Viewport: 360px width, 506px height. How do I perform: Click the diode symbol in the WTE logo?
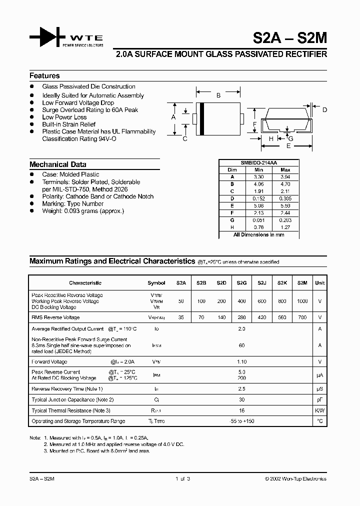(48, 37)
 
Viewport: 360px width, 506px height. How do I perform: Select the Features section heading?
(44, 76)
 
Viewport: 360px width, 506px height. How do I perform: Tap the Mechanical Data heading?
(58, 164)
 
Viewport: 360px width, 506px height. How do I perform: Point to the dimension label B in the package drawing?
(218, 95)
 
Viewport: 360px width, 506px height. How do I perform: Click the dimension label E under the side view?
(288, 146)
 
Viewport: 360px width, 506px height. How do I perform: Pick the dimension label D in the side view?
(324, 110)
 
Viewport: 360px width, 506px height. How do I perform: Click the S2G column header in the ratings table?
(242, 282)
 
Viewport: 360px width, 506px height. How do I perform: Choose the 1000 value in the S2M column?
(302, 301)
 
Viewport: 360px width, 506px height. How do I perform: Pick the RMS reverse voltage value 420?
(262, 317)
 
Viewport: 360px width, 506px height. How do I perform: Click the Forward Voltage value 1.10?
(242, 361)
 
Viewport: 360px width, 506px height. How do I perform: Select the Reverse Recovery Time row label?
(67, 388)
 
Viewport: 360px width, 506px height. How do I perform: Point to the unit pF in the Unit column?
(319, 399)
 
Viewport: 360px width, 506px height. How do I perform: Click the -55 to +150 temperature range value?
(242, 421)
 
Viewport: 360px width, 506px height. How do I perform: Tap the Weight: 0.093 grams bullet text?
(83, 211)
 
